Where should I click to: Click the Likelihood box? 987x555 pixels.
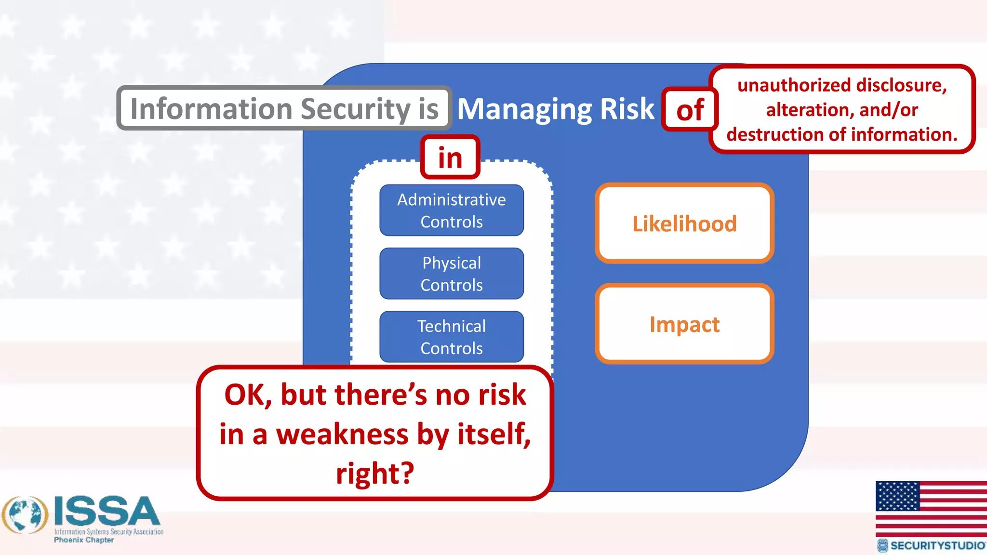click(x=684, y=224)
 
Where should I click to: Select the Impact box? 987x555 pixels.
click(x=684, y=324)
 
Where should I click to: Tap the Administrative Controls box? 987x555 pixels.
click(x=452, y=211)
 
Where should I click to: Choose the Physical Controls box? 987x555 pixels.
click(x=452, y=274)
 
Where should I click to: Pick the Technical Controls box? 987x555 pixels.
click(x=452, y=337)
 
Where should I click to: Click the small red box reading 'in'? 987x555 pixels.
click(x=450, y=158)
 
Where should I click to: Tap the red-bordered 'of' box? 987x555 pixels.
click(x=690, y=110)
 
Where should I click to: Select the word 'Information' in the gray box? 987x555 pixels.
click(x=212, y=109)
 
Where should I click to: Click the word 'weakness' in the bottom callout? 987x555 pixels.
click(x=342, y=434)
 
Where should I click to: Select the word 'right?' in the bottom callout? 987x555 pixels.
click(x=375, y=473)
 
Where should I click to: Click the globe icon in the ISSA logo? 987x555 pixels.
click(x=25, y=515)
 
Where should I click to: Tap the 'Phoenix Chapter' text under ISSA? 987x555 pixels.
click(x=84, y=540)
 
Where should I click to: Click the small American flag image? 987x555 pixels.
click(x=931, y=508)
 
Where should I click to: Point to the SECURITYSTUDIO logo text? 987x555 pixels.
click(x=937, y=545)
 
